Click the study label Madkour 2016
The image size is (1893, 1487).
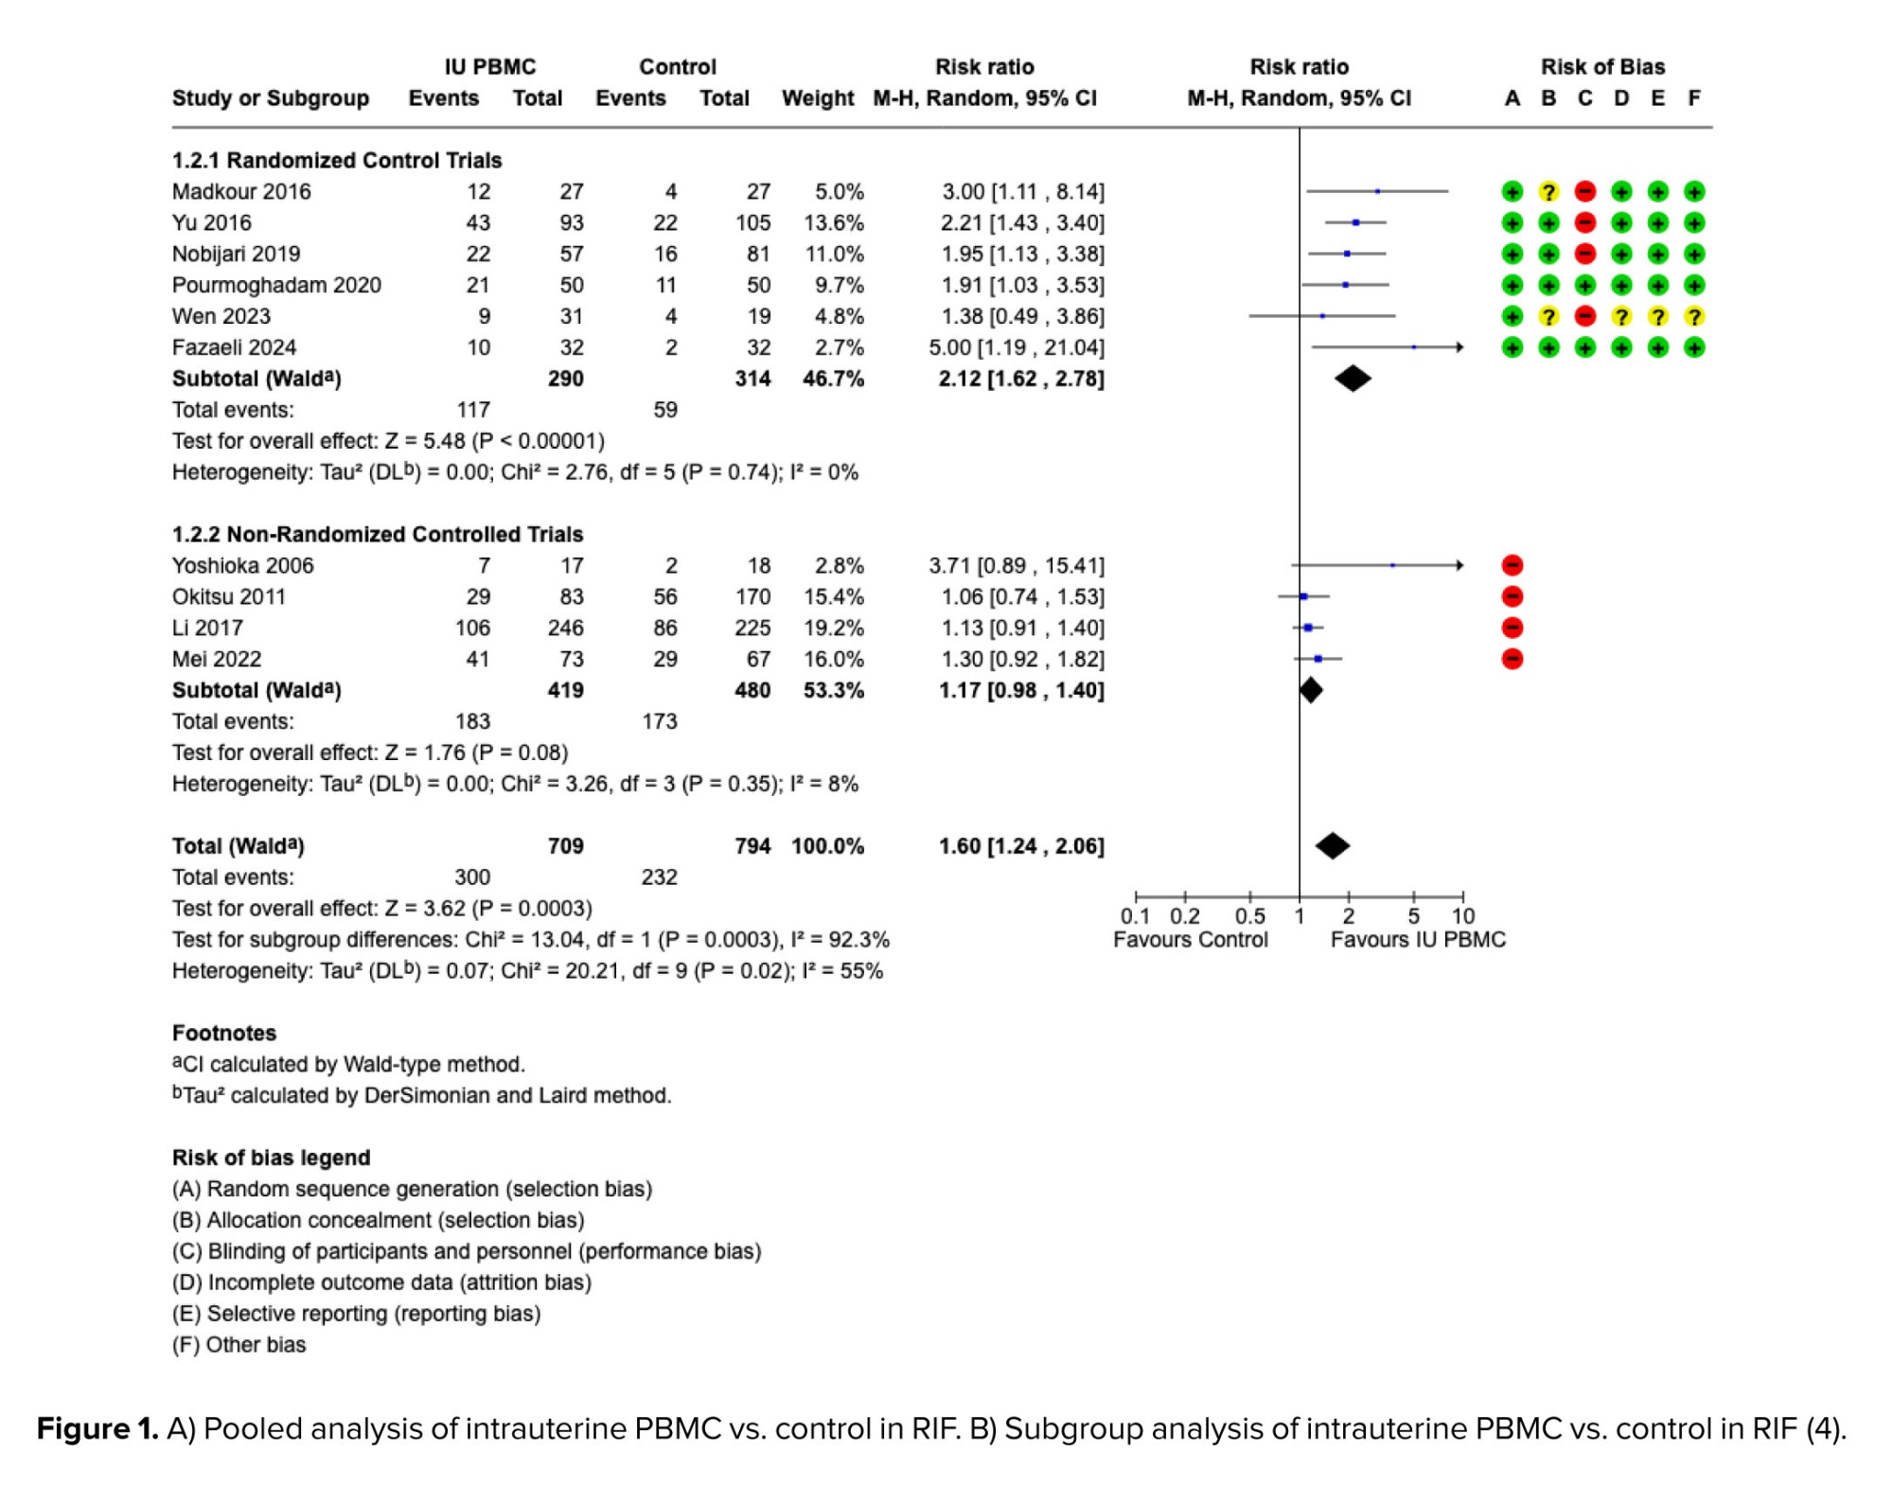(x=241, y=192)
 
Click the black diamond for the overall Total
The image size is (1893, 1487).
(x=1333, y=846)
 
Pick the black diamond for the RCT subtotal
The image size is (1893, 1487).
(x=1353, y=379)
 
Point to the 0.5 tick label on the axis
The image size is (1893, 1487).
(x=1249, y=916)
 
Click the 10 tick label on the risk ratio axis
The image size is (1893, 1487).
(x=1462, y=916)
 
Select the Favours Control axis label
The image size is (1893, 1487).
(x=1190, y=940)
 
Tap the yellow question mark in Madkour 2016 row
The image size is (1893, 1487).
(x=1548, y=192)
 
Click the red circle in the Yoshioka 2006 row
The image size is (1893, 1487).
(x=1513, y=566)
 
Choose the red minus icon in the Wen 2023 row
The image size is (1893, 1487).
(x=1585, y=317)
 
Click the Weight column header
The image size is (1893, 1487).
(x=818, y=98)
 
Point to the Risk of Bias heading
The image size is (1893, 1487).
(x=1602, y=67)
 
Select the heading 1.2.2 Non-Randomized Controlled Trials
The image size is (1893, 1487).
(x=378, y=535)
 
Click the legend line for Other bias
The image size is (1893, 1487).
(x=239, y=1345)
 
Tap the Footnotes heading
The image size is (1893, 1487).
(x=224, y=1034)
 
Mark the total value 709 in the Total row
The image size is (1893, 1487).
(x=565, y=846)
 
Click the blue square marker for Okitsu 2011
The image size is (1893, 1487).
(x=1303, y=597)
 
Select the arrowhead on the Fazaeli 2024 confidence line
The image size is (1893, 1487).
(x=1460, y=347)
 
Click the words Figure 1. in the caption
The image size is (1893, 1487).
(x=97, y=1428)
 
